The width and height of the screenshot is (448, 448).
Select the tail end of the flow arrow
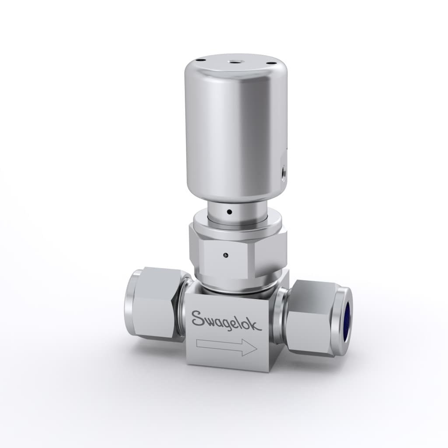[197, 343]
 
